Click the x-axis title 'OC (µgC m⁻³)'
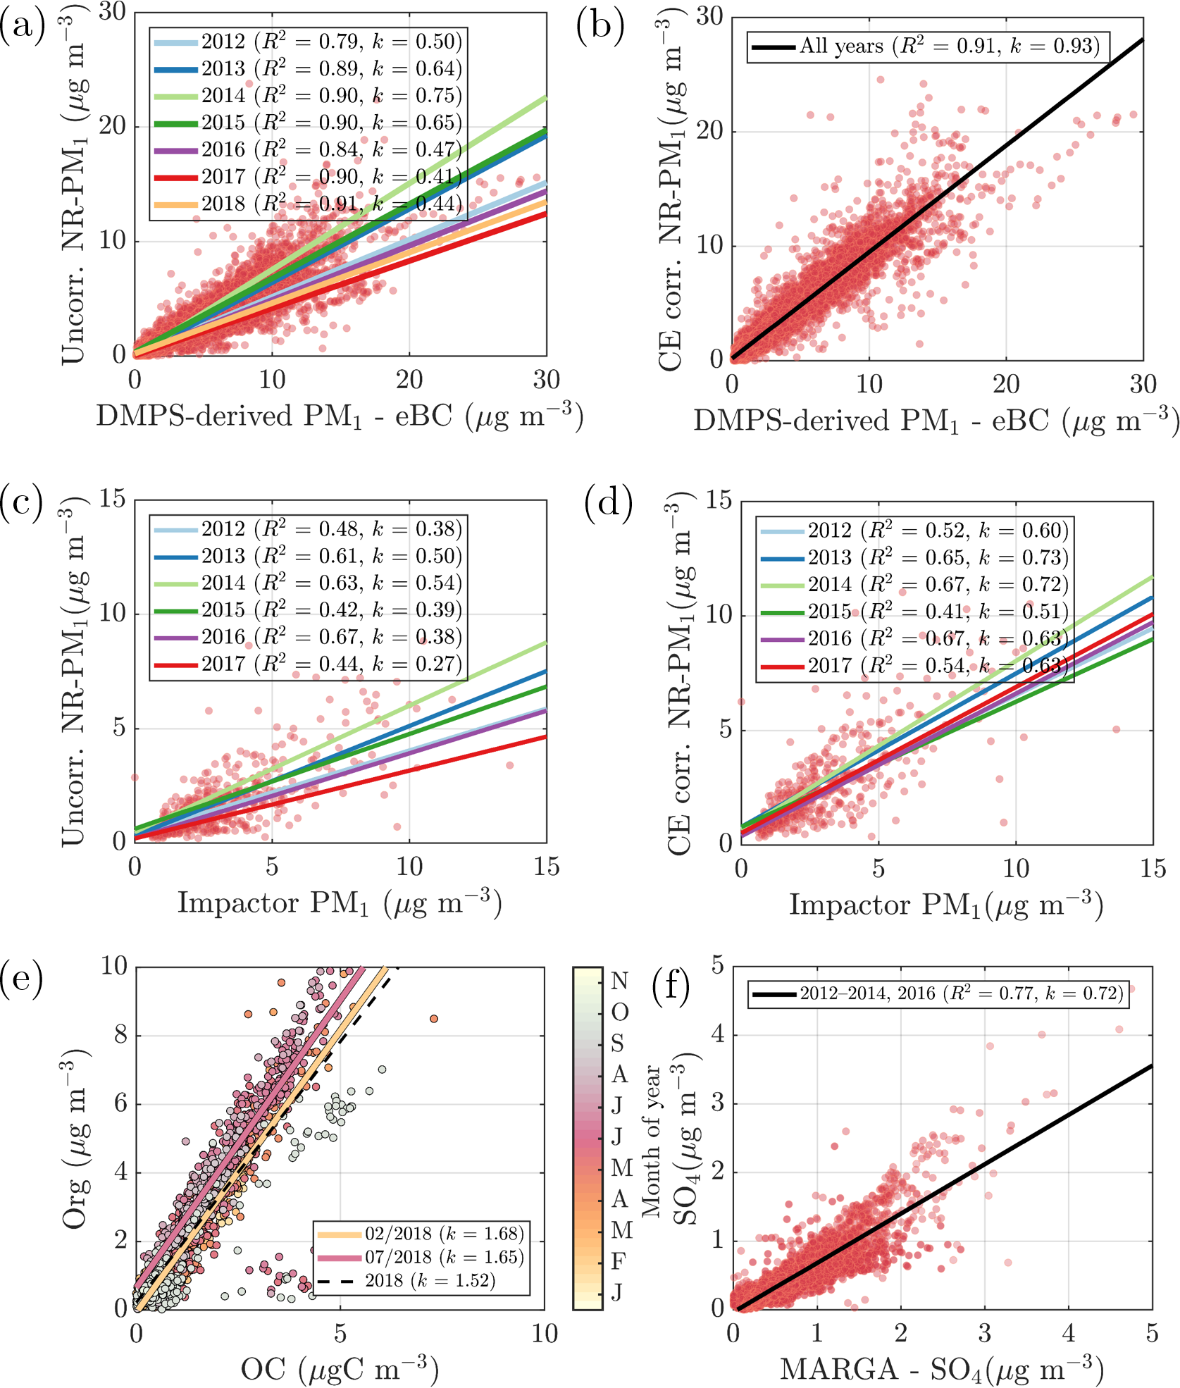[x=340, y=1368]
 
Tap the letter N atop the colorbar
[x=620, y=981]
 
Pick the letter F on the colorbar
[x=618, y=1260]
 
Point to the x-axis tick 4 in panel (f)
[x=1068, y=1333]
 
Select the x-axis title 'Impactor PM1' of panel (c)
[x=340, y=903]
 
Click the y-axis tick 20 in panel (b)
[x=710, y=132]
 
